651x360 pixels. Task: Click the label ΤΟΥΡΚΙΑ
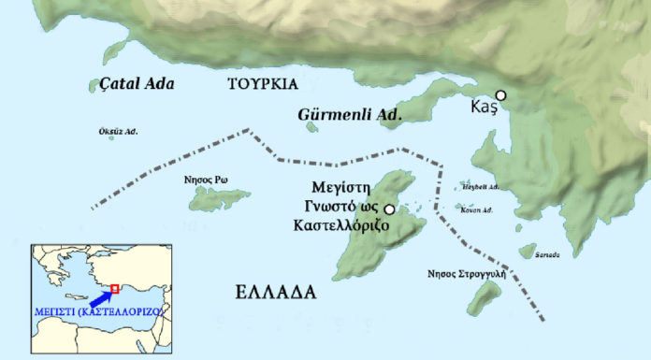pos(263,84)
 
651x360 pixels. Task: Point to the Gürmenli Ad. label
pos(349,115)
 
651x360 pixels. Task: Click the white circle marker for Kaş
pos(501,95)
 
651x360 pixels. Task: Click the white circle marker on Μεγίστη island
pos(389,208)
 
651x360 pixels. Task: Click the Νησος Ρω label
pos(208,180)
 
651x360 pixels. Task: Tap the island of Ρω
pos(221,198)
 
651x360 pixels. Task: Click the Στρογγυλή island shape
pos(485,297)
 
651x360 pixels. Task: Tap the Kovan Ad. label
pos(477,210)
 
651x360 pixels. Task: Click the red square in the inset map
pos(114,287)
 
